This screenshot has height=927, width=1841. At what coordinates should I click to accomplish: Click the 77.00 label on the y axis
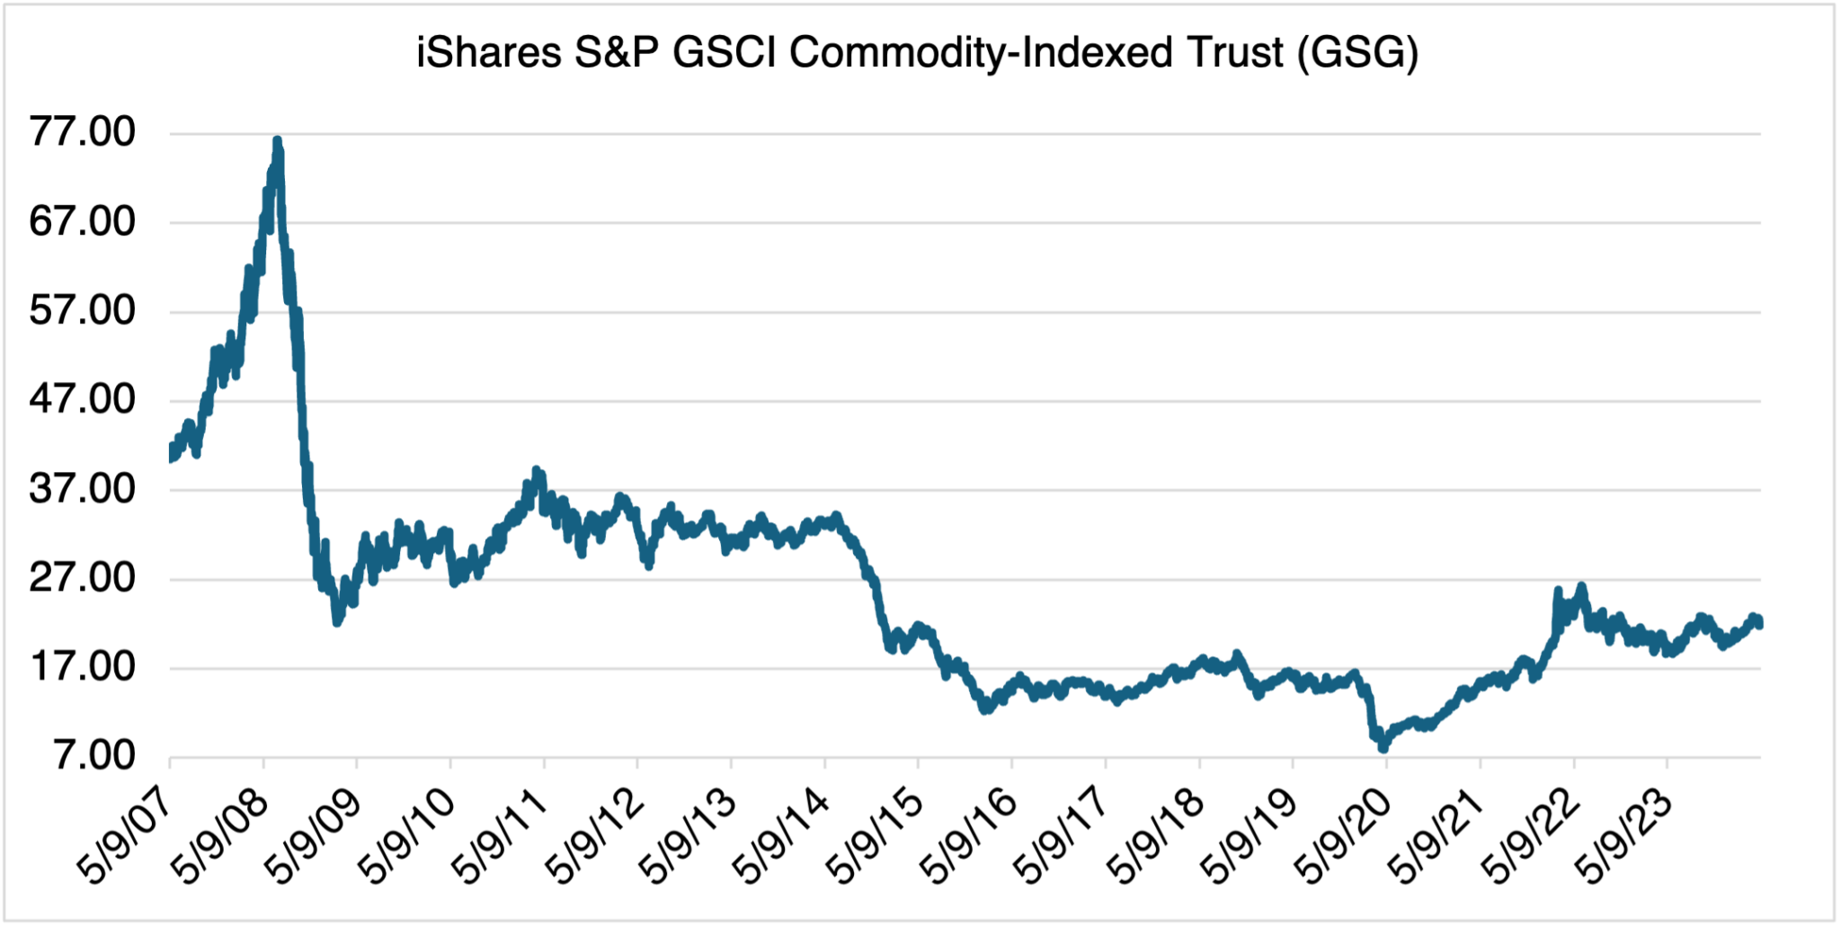click(x=82, y=132)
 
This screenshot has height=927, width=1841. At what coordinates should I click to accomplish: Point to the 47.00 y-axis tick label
click(x=82, y=399)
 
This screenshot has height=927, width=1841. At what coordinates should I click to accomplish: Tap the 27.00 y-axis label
click(x=82, y=577)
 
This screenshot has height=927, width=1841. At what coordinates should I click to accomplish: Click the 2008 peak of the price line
click(x=278, y=141)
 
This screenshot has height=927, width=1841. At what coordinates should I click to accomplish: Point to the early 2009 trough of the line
click(x=337, y=621)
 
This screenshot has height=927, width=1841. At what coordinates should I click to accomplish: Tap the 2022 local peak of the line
click(x=1581, y=587)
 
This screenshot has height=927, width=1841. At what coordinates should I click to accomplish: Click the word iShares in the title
click(x=489, y=52)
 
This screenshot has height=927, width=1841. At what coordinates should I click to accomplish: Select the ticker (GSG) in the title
click(x=1357, y=52)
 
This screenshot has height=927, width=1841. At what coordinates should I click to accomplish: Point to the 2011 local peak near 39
click(x=537, y=470)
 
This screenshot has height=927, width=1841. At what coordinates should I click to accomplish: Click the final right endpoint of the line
click(x=1759, y=623)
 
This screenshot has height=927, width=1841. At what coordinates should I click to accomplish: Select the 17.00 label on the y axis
click(x=82, y=666)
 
